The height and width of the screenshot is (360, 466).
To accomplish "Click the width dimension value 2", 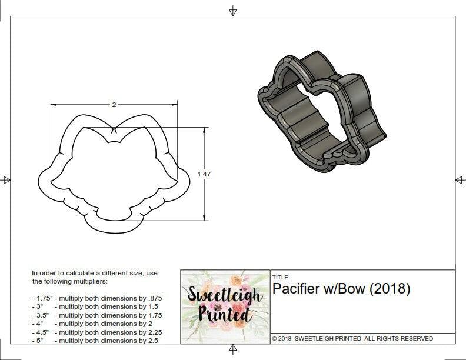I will (114, 104).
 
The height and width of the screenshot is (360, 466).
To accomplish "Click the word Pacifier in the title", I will (292, 289).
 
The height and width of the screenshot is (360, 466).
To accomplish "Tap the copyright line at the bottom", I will (352, 338).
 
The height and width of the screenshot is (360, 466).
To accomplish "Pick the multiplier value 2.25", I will (154, 332).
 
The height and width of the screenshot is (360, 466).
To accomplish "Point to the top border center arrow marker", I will (233, 11).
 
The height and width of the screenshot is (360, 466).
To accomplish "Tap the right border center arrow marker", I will (459, 179).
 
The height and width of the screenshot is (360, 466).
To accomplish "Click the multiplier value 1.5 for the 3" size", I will (152, 306).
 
